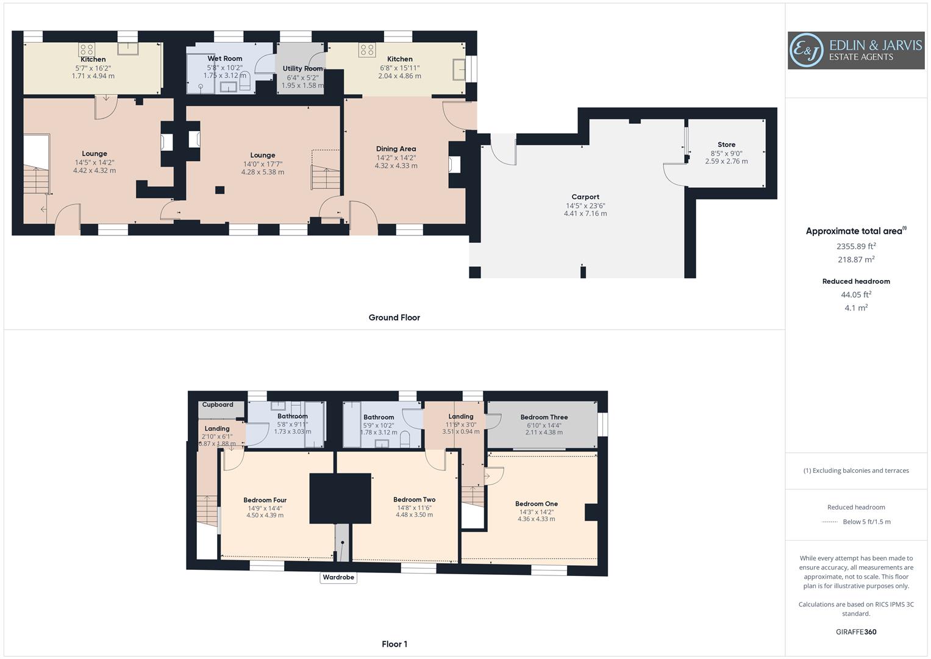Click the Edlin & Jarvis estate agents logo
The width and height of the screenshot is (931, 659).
pos(855,50)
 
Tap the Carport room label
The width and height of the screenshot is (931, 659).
pos(585,197)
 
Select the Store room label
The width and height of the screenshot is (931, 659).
pos(726,145)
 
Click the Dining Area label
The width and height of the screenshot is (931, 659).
pos(396,149)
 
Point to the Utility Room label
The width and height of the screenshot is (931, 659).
pos(302,69)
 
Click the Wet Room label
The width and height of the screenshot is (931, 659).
pos(224,59)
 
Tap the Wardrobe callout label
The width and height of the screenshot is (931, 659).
pos(338,577)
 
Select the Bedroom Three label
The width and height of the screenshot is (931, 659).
pos(544,417)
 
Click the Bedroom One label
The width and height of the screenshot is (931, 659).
pos(536,504)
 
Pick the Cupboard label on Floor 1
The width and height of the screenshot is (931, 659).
pos(218,405)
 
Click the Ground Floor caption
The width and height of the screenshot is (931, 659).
pos(394,317)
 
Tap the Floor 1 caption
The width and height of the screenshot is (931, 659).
pos(394,644)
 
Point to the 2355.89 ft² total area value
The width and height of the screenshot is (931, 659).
pos(856,247)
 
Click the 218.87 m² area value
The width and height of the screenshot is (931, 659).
pos(856,259)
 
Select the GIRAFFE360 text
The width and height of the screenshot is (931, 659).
pos(856,632)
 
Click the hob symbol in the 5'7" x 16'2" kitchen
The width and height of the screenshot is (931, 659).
pos(85,49)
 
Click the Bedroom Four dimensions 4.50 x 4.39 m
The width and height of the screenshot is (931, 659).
pos(265,516)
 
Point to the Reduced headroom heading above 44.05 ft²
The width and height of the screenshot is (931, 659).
pos(856,281)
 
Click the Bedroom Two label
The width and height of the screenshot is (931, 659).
pos(414,500)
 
